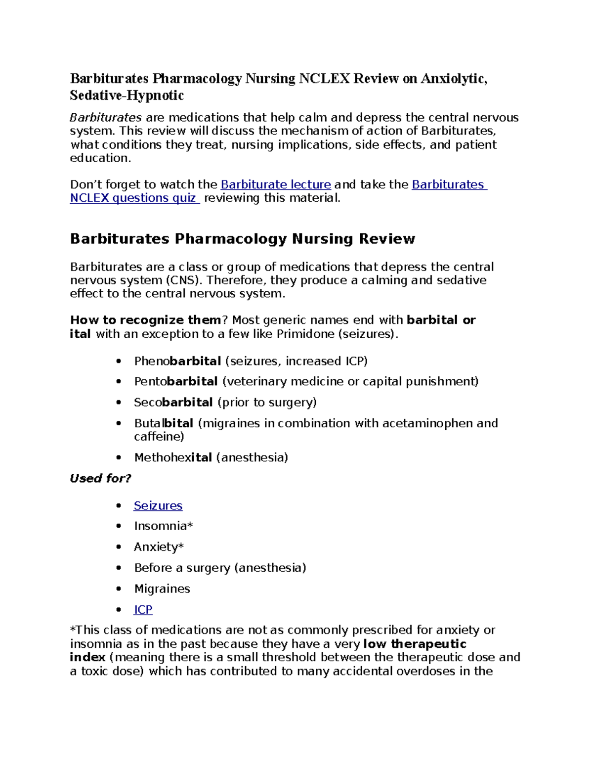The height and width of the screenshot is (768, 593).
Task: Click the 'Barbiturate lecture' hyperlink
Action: (275, 184)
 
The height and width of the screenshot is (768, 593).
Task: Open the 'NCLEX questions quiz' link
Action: (134, 198)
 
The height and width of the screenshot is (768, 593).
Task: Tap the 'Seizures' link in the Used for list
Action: (158, 505)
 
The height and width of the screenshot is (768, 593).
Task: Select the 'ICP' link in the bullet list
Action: (143, 609)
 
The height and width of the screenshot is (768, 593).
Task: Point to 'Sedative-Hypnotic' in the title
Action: (127, 95)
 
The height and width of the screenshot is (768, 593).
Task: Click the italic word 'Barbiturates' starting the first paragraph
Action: (106, 118)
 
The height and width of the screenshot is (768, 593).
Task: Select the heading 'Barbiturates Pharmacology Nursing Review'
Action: (242, 239)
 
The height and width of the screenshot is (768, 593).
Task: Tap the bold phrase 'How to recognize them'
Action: (145, 320)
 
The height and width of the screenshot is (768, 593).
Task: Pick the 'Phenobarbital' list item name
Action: (177, 361)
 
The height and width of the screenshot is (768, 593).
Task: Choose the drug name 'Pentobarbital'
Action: (176, 382)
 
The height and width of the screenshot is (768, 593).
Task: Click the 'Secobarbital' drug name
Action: (173, 403)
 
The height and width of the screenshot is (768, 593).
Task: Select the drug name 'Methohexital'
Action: (173, 457)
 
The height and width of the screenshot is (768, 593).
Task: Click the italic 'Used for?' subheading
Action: (101, 478)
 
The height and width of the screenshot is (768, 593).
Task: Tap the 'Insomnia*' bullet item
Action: (163, 526)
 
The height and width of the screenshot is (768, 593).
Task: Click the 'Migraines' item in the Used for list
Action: (162, 588)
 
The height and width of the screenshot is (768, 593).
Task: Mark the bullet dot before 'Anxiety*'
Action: (118, 547)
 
